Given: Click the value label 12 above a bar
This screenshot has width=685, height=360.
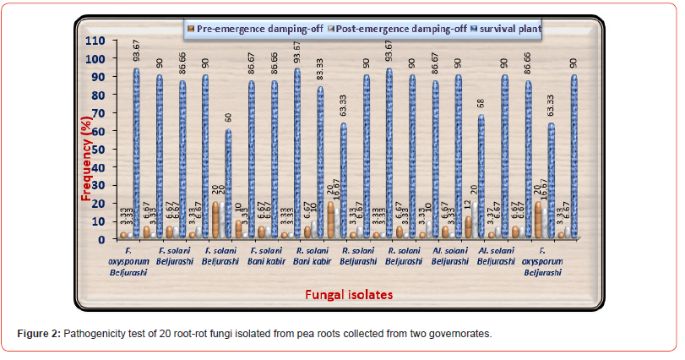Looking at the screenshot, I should coord(467,207).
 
